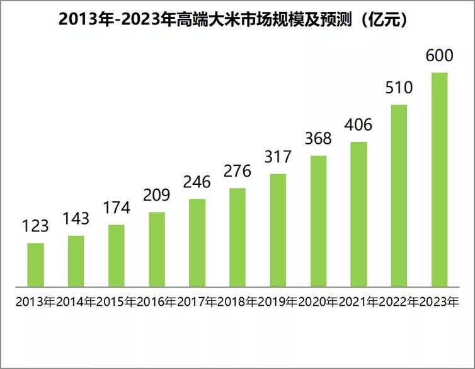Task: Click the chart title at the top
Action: point(237,20)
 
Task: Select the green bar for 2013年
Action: point(36,264)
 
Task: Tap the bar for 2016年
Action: point(157,249)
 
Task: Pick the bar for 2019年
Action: point(278,229)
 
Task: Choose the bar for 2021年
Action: point(358,213)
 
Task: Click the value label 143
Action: point(76,220)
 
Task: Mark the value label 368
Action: point(318,139)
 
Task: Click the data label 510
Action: point(399,88)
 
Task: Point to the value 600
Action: point(439,56)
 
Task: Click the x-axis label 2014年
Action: point(76,302)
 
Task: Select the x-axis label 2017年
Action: point(197,302)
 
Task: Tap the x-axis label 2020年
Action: point(318,302)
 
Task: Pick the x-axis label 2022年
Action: point(399,302)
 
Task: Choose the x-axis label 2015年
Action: point(116,302)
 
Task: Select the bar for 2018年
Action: point(237,236)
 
